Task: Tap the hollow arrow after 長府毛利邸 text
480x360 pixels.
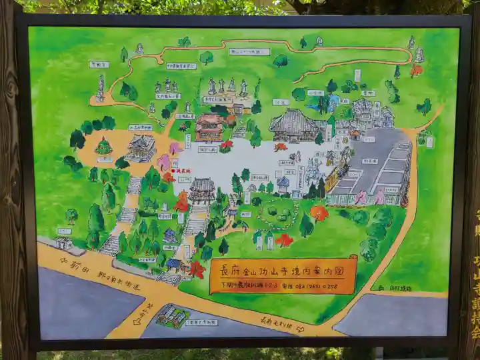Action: [x=300, y=328]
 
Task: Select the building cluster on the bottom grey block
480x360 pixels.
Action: [x=173, y=315]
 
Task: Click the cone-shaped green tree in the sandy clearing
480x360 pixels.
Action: [x=103, y=146]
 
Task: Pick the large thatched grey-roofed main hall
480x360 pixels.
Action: [x=293, y=125]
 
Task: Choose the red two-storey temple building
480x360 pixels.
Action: [x=209, y=127]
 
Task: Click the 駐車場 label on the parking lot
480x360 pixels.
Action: [x=369, y=161]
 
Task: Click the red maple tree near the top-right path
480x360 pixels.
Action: [x=416, y=70]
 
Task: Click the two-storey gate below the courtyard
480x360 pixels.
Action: [x=201, y=190]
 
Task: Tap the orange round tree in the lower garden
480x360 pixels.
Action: [x=319, y=213]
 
